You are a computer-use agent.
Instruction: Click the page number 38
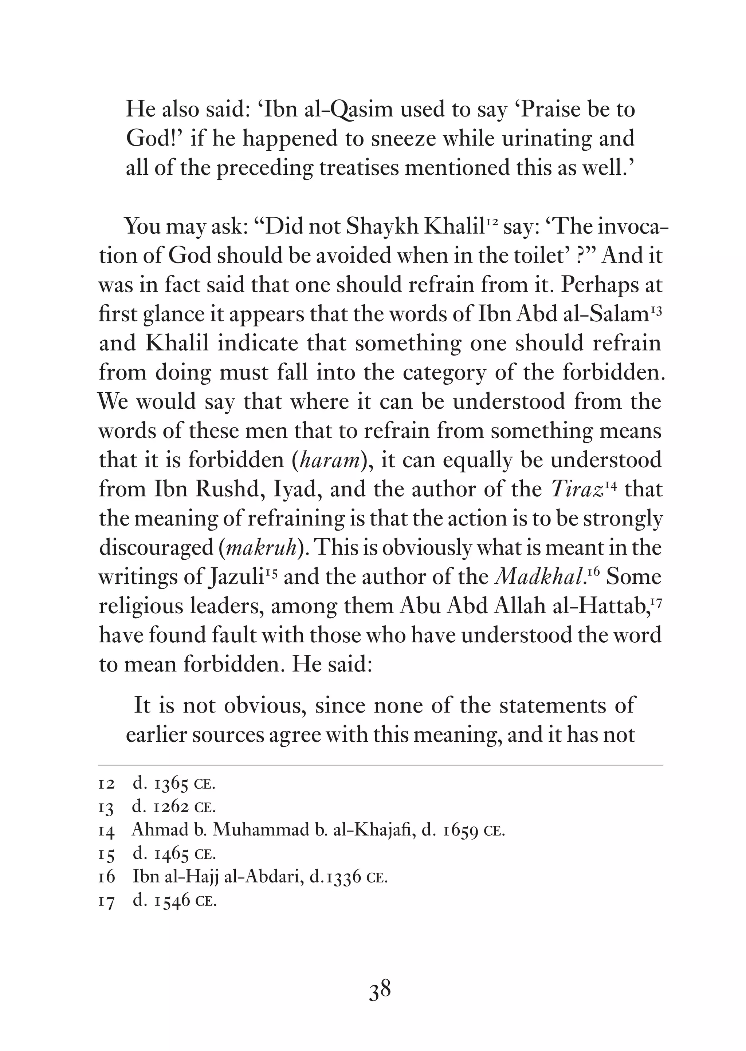point(380,989)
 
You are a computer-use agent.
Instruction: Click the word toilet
point(540,255)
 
